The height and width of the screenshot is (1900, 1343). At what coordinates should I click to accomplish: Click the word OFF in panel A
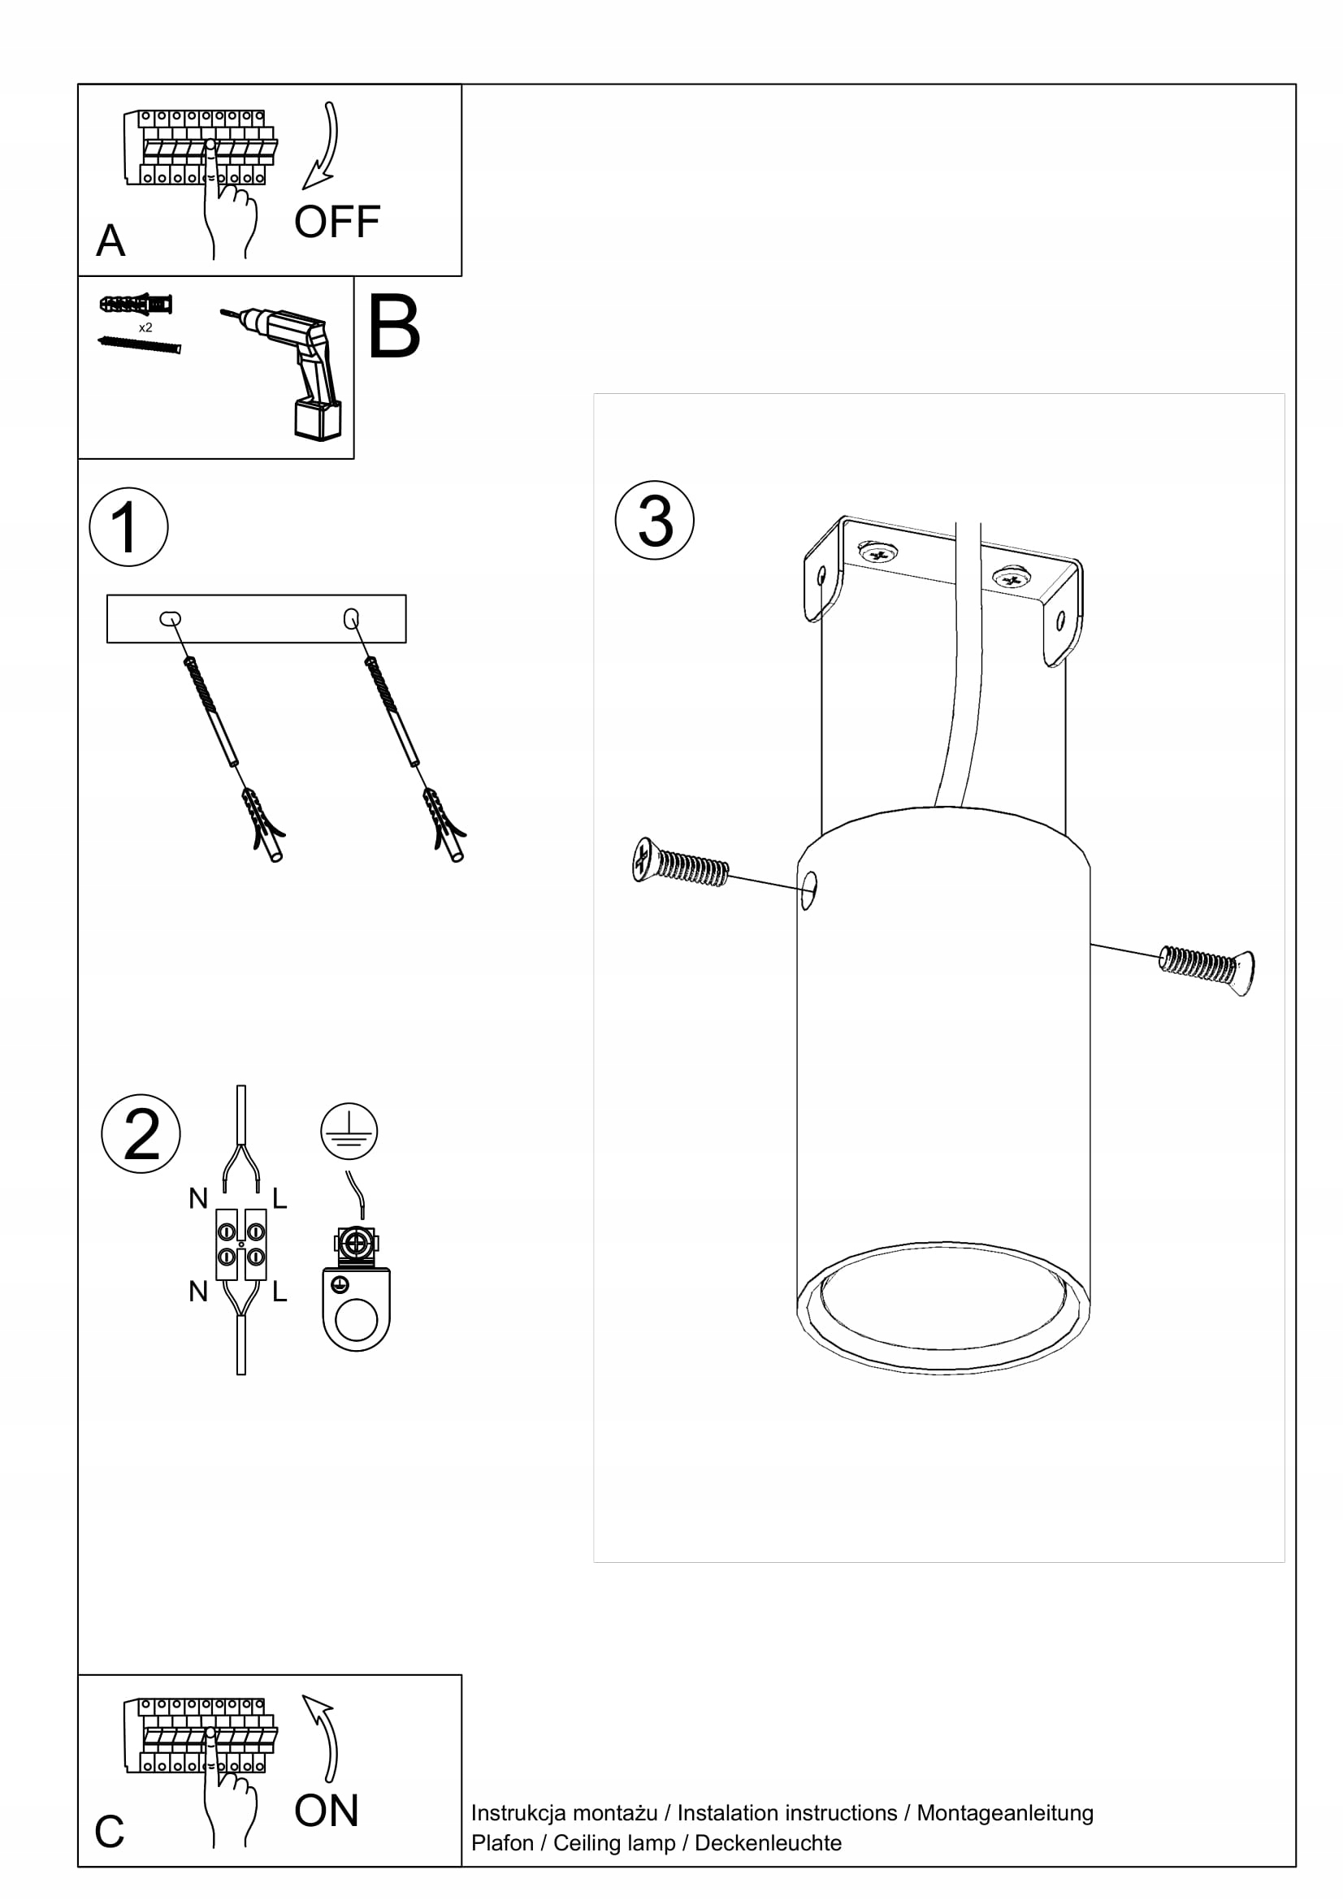pyautogui.click(x=337, y=222)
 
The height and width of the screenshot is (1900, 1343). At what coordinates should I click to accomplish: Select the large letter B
pyautogui.click(x=393, y=327)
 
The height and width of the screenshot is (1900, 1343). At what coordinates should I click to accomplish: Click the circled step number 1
pyautogui.click(x=128, y=527)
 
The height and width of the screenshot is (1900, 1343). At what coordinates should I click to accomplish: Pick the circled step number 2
pyautogui.click(x=141, y=1133)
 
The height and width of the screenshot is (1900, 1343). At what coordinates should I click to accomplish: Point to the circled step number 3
pyautogui.click(x=655, y=521)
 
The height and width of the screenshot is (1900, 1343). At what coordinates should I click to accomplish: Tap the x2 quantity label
pyautogui.click(x=145, y=327)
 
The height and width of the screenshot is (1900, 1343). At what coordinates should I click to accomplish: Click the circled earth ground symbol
pyautogui.click(x=349, y=1131)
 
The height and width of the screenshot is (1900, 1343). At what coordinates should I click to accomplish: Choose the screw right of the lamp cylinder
pyautogui.click(x=1207, y=965)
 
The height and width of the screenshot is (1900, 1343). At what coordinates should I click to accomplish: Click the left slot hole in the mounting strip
pyautogui.click(x=171, y=618)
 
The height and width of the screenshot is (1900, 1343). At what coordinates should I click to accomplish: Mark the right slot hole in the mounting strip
pyautogui.click(x=351, y=618)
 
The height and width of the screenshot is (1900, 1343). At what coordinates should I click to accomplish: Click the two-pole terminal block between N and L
pyautogui.click(x=240, y=1244)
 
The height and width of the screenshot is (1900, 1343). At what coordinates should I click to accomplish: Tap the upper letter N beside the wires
pyautogui.click(x=197, y=1198)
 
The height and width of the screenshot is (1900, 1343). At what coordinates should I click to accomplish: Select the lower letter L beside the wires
pyautogui.click(x=279, y=1291)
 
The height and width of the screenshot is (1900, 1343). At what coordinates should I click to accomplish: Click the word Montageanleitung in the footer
pyautogui.click(x=1004, y=1813)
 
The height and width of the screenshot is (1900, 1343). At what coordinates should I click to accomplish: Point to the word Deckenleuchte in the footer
pyautogui.click(x=768, y=1843)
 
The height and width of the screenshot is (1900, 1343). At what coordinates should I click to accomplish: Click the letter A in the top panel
pyautogui.click(x=110, y=240)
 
